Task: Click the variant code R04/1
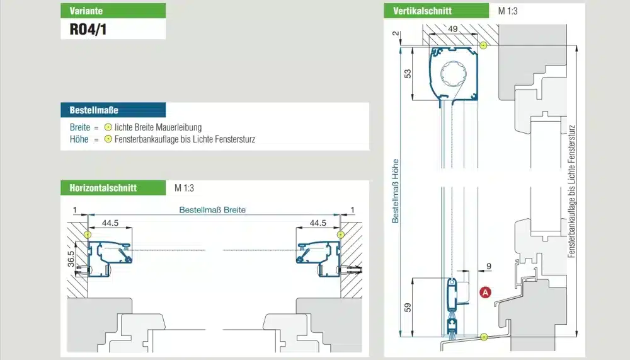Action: pyautogui.click(x=88, y=30)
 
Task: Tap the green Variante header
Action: pyautogui.click(x=113, y=11)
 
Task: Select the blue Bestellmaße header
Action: pyautogui.click(x=113, y=110)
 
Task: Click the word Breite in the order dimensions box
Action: pyautogui.click(x=80, y=127)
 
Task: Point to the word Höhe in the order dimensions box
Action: pyautogui.click(x=79, y=139)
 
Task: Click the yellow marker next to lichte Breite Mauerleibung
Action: pyautogui.click(x=108, y=127)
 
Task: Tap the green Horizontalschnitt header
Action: pyautogui.click(x=113, y=188)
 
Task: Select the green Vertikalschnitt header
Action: pyautogui.click(x=437, y=11)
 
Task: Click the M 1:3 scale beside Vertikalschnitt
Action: pyautogui.click(x=508, y=11)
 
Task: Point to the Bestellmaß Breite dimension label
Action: pyautogui.click(x=212, y=209)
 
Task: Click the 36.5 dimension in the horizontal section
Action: pyautogui.click(x=71, y=259)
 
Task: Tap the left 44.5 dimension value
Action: pyautogui.click(x=110, y=223)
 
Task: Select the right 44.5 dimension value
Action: pyautogui.click(x=318, y=223)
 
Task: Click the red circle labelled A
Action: pyautogui.click(x=485, y=293)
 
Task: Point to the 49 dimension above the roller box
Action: pyautogui.click(x=452, y=29)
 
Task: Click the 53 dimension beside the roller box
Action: pyautogui.click(x=408, y=74)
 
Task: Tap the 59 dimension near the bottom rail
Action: pyautogui.click(x=408, y=308)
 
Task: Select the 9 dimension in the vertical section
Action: pyautogui.click(x=489, y=266)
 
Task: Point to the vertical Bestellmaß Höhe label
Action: pyautogui.click(x=396, y=191)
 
